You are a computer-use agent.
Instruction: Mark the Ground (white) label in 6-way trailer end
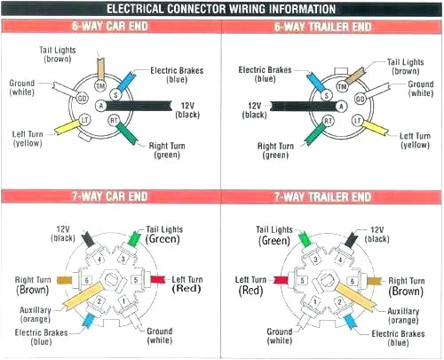coord(420,90)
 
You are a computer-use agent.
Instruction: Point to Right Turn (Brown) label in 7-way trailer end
coord(407,284)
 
